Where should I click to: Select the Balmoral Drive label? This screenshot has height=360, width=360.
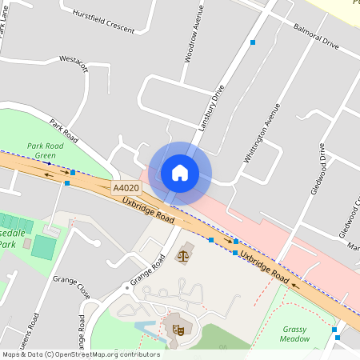[316, 39]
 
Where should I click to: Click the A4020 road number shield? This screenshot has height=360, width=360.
[126, 188]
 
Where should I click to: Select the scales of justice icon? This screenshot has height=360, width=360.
[182, 256]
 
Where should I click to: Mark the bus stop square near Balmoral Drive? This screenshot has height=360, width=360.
[253, 41]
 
